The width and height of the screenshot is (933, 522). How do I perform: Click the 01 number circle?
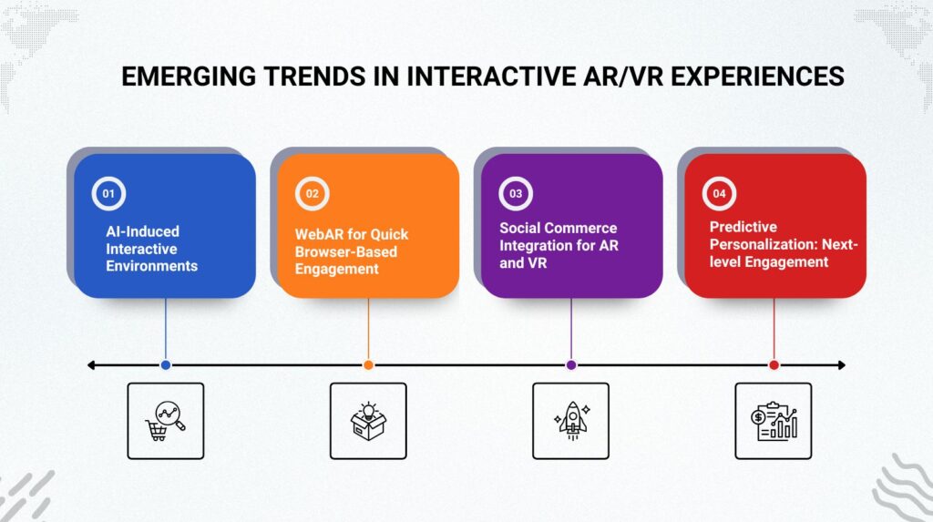[x=108, y=193]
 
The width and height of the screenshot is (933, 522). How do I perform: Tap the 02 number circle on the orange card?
[x=312, y=193]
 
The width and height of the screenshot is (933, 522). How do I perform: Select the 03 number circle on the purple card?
[x=516, y=193]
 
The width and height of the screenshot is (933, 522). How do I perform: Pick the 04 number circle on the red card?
[x=719, y=193]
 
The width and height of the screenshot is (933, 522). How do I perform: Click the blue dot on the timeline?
[x=166, y=365]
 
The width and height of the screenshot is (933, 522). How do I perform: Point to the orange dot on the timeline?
[x=368, y=365]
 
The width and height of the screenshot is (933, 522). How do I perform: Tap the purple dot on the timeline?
[x=571, y=365]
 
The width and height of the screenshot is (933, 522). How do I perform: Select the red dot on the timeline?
[x=774, y=365]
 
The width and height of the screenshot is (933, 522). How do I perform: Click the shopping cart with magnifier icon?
[x=166, y=421]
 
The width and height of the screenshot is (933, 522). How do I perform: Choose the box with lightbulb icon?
[x=368, y=421]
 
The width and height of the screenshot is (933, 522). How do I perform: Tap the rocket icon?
[x=571, y=421]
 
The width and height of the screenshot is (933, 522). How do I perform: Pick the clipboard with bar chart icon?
[x=774, y=421]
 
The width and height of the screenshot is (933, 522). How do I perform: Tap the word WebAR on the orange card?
[x=319, y=234]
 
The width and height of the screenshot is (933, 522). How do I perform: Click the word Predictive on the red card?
[x=743, y=227]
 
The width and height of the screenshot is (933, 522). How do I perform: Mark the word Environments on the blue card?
[x=152, y=266]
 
